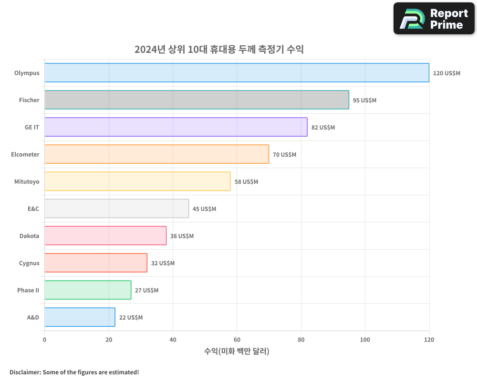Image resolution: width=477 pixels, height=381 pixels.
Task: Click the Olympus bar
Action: (237, 73)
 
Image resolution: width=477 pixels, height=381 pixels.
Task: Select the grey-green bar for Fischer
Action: (197, 100)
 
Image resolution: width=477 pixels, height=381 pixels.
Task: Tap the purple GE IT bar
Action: (176, 127)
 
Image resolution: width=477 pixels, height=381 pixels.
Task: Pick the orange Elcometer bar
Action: (156, 154)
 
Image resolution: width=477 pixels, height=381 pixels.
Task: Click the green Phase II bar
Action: (88, 290)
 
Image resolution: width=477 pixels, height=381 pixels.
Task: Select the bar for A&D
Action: (80, 317)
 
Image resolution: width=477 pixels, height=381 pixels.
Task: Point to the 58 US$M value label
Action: (246, 182)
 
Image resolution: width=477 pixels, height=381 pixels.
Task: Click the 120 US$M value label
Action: (446, 73)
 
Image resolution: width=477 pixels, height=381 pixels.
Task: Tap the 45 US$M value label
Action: (204, 209)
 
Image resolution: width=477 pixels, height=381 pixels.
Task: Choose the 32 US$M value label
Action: (163, 263)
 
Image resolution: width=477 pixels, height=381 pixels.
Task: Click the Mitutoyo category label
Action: (27, 181)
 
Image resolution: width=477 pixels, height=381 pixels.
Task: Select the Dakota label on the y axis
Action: (29, 236)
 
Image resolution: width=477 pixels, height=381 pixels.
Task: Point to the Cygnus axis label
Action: (29, 263)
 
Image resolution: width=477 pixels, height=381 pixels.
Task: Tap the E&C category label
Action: (33, 209)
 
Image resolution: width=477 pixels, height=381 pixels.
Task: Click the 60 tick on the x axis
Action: (237, 340)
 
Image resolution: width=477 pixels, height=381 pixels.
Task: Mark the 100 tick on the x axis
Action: (365, 340)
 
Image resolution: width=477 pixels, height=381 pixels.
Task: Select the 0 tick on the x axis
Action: (44, 340)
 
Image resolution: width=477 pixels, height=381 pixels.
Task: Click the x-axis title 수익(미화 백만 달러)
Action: (237, 351)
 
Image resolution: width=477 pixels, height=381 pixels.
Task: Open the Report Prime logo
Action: (434, 19)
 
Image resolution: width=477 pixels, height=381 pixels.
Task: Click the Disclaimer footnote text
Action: (74, 372)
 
